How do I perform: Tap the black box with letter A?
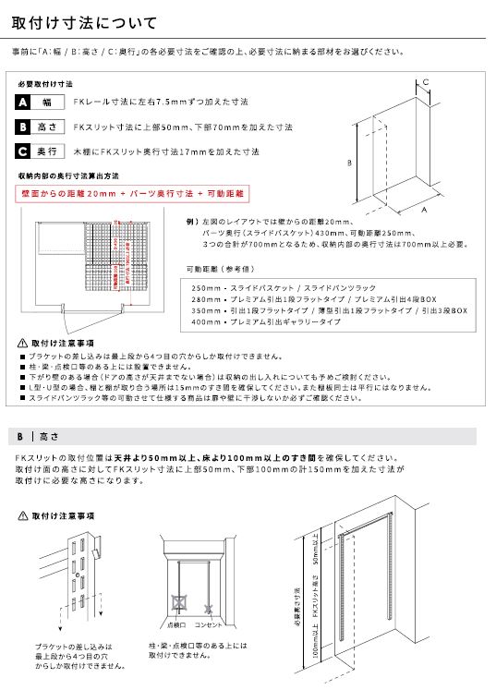(23, 102)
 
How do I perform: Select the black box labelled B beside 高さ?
(23, 127)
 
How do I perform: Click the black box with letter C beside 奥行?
(23, 151)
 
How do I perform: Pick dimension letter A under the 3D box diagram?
(424, 211)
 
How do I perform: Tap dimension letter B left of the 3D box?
(348, 162)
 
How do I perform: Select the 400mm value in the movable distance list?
(207, 322)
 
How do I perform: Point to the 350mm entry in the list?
(207, 311)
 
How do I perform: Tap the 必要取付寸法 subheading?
(44, 83)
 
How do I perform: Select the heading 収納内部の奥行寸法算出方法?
(68, 175)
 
